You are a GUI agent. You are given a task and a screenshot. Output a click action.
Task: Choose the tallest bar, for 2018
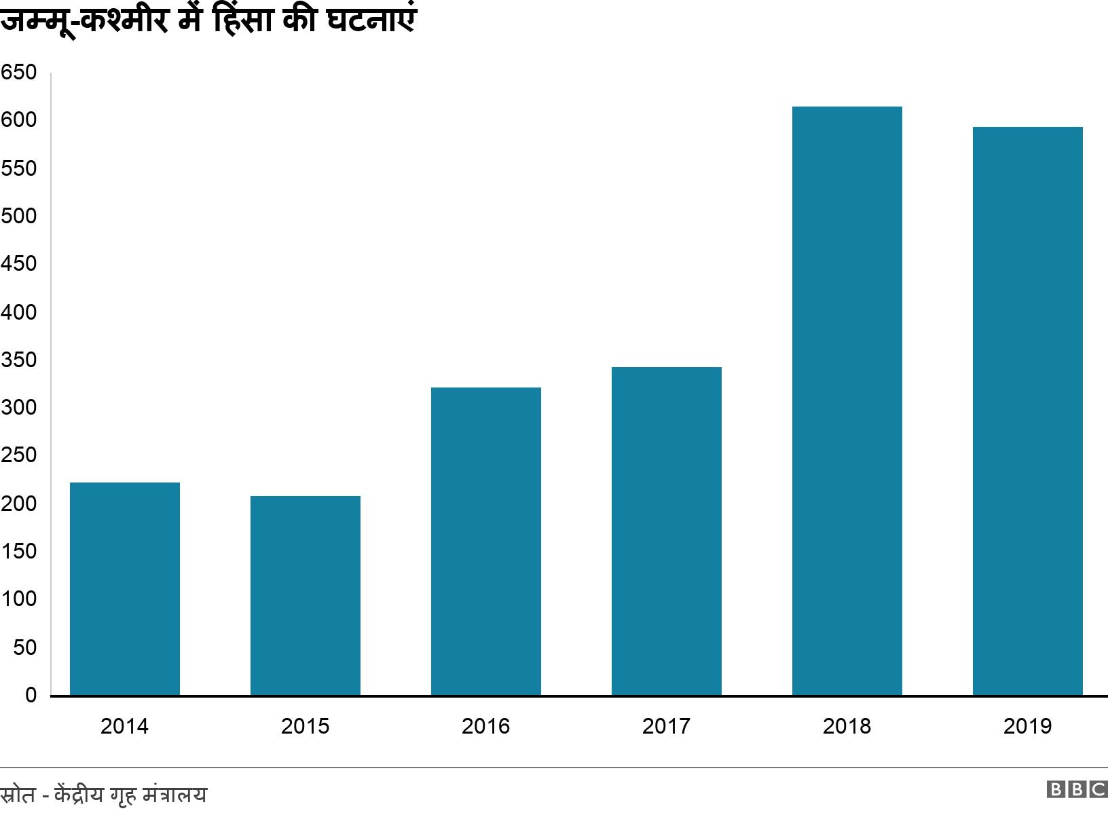tap(847, 400)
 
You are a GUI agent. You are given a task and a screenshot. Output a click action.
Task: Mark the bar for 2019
tap(1028, 411)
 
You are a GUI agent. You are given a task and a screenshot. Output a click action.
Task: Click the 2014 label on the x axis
tap(124, 726)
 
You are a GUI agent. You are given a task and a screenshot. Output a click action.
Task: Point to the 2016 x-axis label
tap(485, 726)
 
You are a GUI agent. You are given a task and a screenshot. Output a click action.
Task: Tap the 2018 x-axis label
tap(847, 726)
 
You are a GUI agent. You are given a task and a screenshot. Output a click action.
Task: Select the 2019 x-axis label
tap(1027, 726)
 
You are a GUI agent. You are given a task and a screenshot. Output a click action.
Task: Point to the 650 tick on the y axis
tap(18, 73)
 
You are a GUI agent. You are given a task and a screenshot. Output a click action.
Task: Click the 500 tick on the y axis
tap(18, 216)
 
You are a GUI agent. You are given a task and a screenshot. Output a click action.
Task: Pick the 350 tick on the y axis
tap(18, 360)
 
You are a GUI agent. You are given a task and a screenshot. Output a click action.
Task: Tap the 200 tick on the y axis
tap(18, 504)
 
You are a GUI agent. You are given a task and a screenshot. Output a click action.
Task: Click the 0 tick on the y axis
tap(31, 696)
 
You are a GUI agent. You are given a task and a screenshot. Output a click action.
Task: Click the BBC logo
tap(1077, 789)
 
